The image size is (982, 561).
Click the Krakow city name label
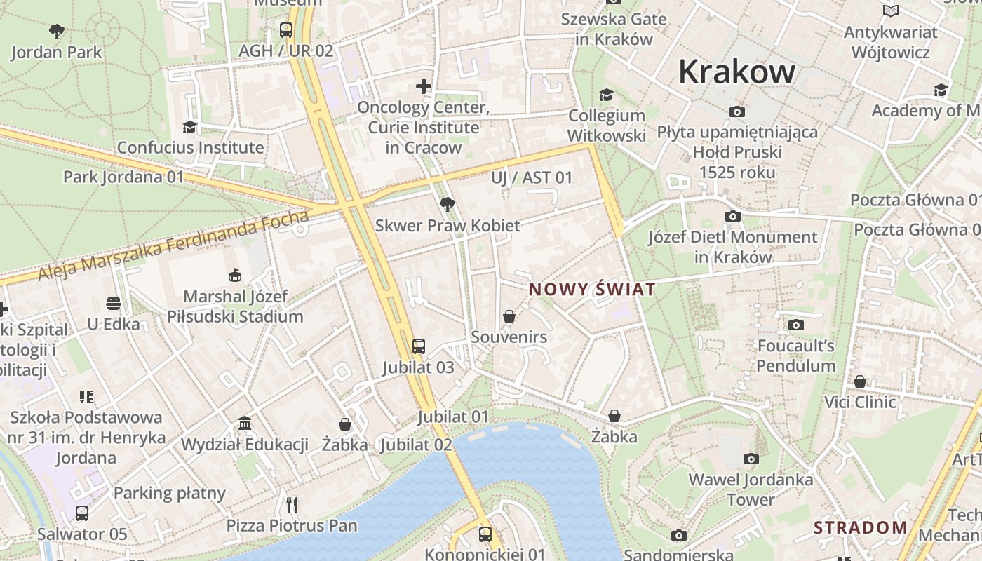736,72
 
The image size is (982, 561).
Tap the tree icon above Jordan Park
57,31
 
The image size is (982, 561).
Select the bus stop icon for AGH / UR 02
285,29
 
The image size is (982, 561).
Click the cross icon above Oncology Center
423,86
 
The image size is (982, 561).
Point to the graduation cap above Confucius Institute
189,127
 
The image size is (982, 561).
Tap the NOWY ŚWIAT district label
592,289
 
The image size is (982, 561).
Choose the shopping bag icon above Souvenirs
509,316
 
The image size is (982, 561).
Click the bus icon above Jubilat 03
418,346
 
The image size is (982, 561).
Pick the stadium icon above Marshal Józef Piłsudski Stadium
235,275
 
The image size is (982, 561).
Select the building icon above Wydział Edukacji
245,423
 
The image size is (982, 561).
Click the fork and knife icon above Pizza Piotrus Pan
292,504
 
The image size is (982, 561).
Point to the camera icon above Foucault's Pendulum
795,325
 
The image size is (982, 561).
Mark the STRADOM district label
860,527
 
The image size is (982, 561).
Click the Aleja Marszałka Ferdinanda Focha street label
173,245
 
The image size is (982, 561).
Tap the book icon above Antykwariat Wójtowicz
890,11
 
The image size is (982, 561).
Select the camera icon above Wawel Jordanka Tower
751,459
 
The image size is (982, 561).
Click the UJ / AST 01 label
532,177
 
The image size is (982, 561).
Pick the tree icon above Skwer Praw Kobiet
447,205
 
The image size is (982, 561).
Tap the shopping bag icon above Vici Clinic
859,381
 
